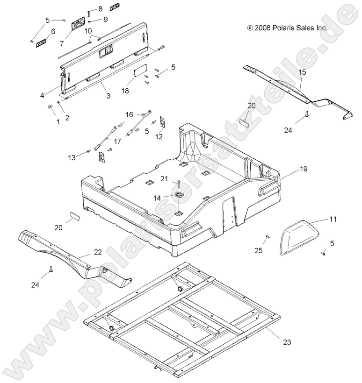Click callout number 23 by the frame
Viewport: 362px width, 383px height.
point(287,342)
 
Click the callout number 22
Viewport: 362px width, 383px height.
point(97,252)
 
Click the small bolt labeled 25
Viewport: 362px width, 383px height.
point(267,237)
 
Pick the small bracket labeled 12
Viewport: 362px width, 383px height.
point(162,121)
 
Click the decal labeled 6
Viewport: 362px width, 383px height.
point(41,43)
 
